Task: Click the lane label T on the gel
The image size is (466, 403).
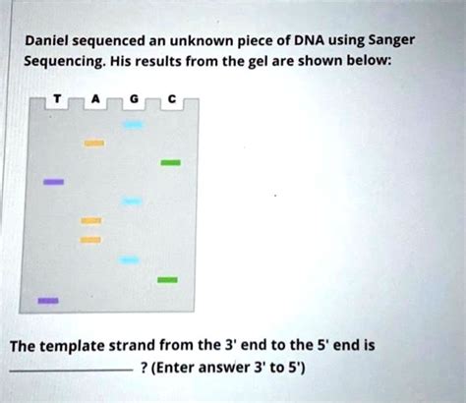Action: tap(57, 98)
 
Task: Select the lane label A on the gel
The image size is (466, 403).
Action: tap(95, 98)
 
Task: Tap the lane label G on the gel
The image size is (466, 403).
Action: tap(134, 98)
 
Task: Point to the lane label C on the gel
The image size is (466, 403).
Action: tap(172, 98)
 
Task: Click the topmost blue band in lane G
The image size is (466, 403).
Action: tap(133, 125)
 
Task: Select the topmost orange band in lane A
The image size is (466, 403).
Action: tap(94, 144)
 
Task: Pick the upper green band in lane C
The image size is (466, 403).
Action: tap(170, 162)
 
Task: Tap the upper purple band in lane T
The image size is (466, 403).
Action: tap(54, 182)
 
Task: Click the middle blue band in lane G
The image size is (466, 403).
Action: tap(132, 201)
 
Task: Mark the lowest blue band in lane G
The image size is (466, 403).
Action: tap(130, 260)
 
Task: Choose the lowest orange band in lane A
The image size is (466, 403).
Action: tap(90, 240)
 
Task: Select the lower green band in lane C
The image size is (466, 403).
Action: tap(167, 280)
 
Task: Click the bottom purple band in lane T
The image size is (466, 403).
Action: tap(48, 301)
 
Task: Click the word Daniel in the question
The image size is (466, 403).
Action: tap(47, 41)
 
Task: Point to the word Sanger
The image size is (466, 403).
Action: tap(392, 41)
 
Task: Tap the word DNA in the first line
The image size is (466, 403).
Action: tap(309, 41)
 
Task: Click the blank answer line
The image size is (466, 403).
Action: tap(72, 371)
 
